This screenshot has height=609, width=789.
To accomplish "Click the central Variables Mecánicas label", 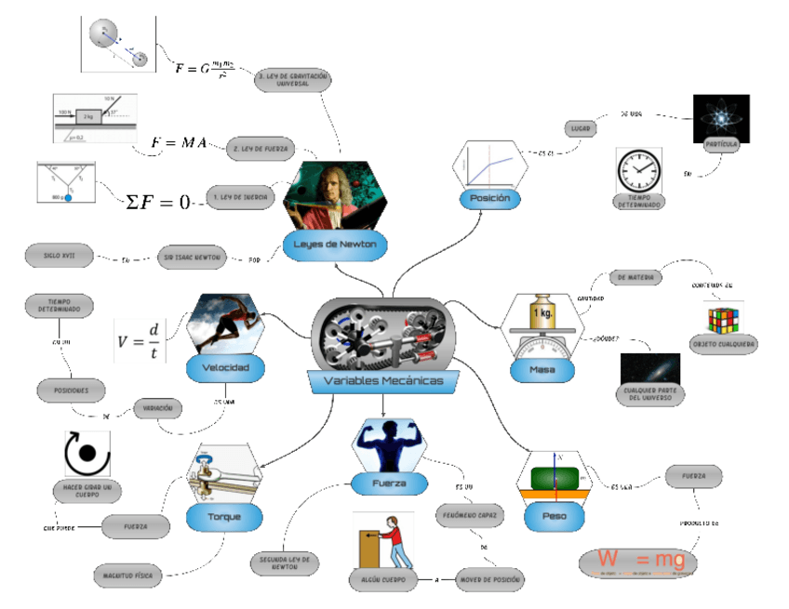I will [x=383, y=381].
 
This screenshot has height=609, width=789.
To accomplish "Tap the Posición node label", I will [x=489, y=199].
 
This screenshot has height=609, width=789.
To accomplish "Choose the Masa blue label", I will [x=542, y=370].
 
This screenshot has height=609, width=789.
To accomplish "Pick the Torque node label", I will [x=223, y=516].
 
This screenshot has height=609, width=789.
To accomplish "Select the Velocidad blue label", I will [x=225, y=368].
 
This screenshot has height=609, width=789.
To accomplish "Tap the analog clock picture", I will [x=640, y=170].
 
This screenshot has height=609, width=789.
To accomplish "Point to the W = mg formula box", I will [x=637, y=563].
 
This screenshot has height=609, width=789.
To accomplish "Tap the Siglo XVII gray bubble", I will [x=59, y=255].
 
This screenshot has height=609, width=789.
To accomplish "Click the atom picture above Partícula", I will [x=722, y=118].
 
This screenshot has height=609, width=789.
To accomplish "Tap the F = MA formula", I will [x=179, y=142].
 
